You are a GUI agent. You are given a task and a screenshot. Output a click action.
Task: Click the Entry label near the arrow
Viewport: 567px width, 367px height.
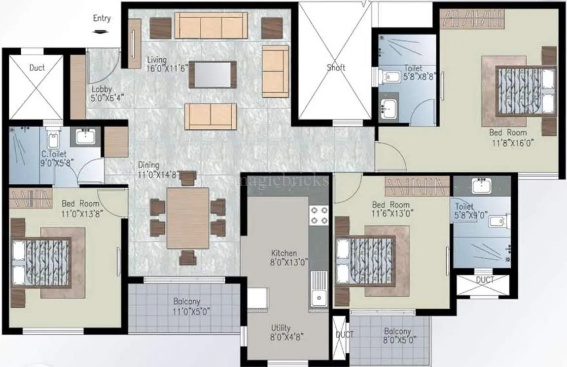tap(102, 19)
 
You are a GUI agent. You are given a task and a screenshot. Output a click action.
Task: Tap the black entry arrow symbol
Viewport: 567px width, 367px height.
tap(101, 32)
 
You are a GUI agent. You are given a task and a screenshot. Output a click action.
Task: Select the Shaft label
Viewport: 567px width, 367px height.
tap(336, 67)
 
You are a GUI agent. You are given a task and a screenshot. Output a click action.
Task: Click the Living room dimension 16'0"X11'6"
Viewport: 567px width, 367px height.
tap(168, 69)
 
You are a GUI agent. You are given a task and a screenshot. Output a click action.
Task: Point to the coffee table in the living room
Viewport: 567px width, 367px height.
tap(212, 75)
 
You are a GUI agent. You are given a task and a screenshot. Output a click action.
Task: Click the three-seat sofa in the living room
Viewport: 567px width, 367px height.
tap(211, 26)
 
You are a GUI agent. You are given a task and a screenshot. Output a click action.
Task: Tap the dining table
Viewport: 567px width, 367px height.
tap(187, 217)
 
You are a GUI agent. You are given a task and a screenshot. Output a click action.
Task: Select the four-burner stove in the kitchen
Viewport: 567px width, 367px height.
tap(318, 215)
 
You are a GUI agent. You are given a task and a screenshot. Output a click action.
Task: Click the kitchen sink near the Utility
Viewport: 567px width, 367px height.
tap(319, 298)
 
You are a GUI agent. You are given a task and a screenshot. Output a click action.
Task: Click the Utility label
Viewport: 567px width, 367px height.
tap(281, 328)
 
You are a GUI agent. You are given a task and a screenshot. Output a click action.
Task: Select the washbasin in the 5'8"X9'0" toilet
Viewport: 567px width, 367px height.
tap(479, 186)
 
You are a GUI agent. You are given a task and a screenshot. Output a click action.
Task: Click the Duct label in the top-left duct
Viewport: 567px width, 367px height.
tap(36, 68)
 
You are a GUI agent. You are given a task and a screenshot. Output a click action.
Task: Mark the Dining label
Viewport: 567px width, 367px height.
tap(148, 165)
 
